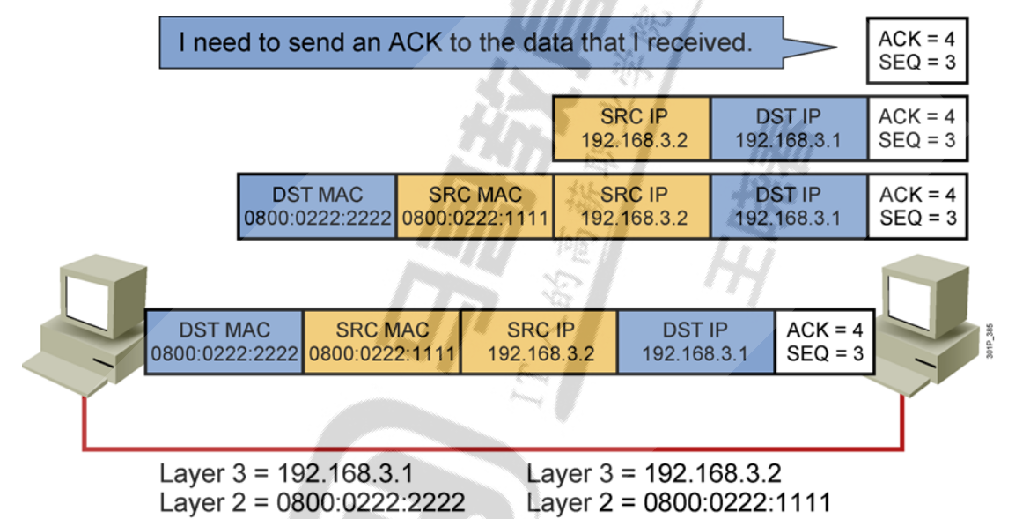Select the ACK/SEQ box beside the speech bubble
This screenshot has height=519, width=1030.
(916, 50)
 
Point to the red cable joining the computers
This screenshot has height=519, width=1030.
(493, 449)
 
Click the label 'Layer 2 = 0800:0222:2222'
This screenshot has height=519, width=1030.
(312, 502)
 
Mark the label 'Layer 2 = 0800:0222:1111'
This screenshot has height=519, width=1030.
(679, 502)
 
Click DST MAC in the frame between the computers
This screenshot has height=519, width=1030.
(224, 342)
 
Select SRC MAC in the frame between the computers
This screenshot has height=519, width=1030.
(382, 342)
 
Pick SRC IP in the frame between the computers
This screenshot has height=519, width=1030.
(540, 342)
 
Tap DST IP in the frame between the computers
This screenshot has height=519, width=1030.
(695, 342)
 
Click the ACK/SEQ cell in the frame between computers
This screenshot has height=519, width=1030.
(825, 342)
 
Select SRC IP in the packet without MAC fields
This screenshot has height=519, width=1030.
(632, 128)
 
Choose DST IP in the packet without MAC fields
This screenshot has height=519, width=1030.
(789, 128)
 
